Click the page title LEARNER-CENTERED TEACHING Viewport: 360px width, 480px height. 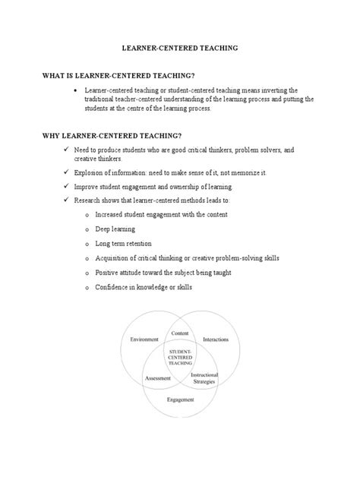point(180,47)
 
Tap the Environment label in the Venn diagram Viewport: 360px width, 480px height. point(145,339)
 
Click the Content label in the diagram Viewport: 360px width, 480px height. point(180,333)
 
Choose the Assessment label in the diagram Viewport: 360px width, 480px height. point(157,377)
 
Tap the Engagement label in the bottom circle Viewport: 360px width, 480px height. point(180,399)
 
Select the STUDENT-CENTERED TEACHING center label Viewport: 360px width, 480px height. point(181,358)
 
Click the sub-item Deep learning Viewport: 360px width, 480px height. point(115,229)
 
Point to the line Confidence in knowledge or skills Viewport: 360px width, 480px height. point(139,287)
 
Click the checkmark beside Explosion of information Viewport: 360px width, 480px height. point(67,172)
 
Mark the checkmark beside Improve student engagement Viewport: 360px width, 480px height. point(67,186)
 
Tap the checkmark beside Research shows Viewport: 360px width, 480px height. point(67,201)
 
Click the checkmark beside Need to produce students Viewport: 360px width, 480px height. point(67,150)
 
